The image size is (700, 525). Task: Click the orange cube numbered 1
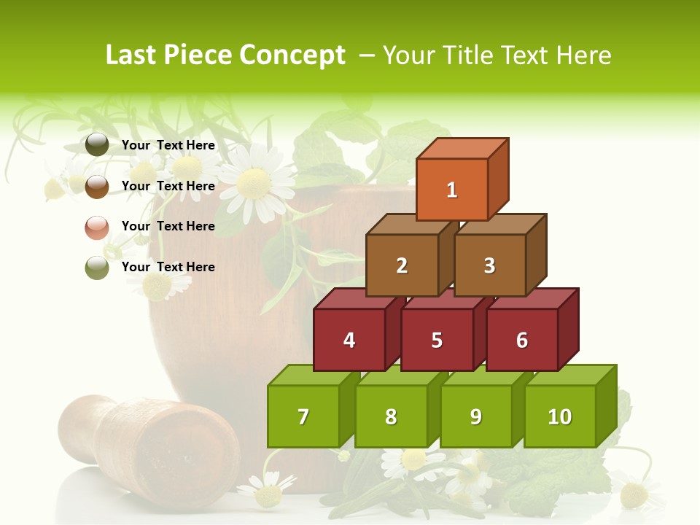point(452,190)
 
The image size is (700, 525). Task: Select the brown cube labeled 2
point(402,265)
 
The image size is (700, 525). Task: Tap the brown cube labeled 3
point(489,265)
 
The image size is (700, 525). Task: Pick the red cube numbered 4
point(349,340)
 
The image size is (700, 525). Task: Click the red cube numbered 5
point(437,340)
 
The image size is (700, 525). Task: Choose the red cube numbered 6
point(521,340)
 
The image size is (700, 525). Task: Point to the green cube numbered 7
point(303,416)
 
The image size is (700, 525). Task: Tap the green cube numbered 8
point(391,416)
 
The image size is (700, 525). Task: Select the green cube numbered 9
point(475,416)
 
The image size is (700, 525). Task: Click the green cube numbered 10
point(559,416)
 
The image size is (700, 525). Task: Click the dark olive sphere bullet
point(97,145)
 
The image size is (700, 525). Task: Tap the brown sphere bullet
point(97,186)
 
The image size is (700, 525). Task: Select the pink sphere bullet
point(97,227)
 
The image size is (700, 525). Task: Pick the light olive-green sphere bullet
point(97,268)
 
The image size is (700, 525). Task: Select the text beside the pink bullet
point(168,226)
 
